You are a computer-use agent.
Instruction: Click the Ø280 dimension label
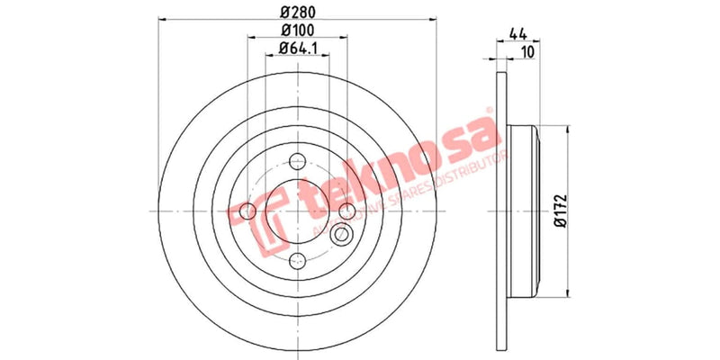(295, 13)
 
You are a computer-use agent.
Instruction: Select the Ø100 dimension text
(295, 31)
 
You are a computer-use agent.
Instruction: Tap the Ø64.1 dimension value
(295, 49)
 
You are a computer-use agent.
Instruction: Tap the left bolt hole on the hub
(247, 211)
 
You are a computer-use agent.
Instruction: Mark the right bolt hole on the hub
(346, 211)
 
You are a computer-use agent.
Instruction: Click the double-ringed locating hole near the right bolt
(342, 236)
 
